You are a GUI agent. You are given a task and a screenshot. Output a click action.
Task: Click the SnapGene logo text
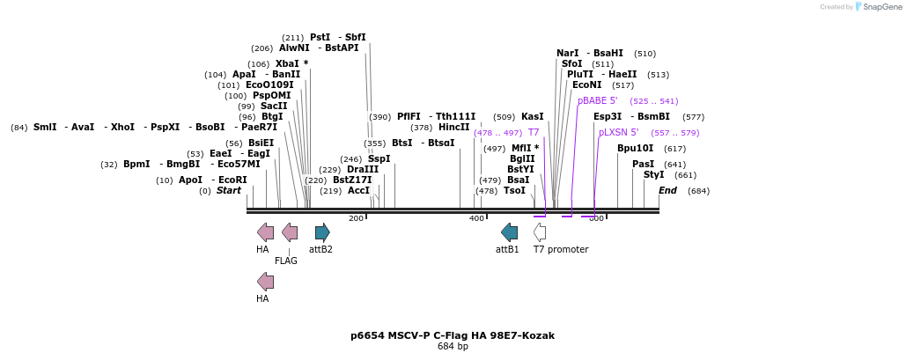coord(880,6)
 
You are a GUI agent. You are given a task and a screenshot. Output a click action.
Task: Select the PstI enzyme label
coord(320,37)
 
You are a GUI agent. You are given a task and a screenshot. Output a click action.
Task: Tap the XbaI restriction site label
coord(288,63)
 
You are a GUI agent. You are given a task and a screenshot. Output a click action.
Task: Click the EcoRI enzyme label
coord(232,180)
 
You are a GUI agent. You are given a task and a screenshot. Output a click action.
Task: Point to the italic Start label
coord(228,191)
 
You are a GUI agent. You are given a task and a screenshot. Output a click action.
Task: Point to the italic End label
coord(667,191)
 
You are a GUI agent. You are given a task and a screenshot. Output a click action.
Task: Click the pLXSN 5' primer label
coord(618,133)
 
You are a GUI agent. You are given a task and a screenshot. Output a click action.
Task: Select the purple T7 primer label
coord(534,133)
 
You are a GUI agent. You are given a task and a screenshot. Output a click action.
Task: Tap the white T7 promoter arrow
coord(539,232)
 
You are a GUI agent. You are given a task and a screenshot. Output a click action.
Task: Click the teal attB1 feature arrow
coord(509,232)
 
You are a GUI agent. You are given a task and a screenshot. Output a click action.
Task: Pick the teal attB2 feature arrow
coord(322,232)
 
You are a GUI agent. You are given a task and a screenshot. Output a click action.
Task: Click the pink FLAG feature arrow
coord(289,232)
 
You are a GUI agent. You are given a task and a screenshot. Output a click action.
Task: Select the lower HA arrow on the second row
coord(264,282)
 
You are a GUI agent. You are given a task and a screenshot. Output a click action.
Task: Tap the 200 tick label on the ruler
coord(356,218)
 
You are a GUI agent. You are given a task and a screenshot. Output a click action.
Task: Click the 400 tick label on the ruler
coord(476,218)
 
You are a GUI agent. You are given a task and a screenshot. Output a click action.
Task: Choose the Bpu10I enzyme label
coord(635,149)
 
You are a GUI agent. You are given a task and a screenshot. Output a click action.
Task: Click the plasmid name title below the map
coord(453,335)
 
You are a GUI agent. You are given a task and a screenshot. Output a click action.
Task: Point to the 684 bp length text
coord(453,347)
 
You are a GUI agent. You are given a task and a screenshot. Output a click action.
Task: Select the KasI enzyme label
coord(532,117)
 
